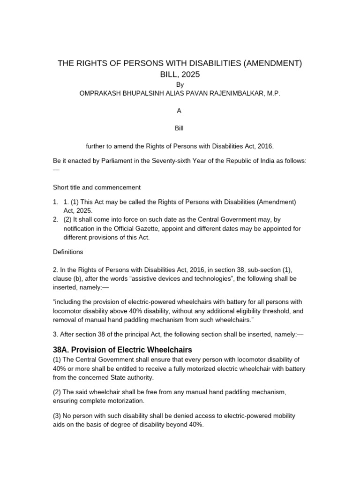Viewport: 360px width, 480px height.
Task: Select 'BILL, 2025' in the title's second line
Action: pos(180,74)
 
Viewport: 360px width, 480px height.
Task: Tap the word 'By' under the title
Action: pos(180,85)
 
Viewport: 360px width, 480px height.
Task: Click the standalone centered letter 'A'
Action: pos(179,111)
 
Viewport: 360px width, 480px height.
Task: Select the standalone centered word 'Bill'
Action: pos(180,127)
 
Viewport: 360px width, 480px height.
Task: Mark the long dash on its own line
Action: pos(57,170)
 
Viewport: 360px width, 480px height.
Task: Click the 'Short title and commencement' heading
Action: pos(97,187)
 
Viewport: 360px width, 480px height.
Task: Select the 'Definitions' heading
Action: pos(68,252)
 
